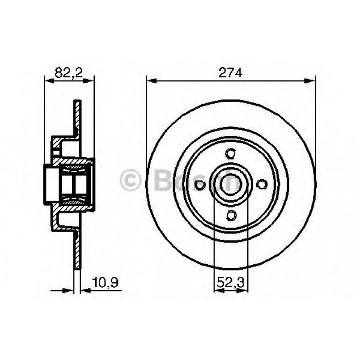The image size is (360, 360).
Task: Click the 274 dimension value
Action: pos(231,73)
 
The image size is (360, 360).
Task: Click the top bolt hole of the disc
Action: pos(231,154)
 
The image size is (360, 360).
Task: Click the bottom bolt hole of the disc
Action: pos(231,216)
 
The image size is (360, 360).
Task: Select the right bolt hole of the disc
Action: pos(262,184)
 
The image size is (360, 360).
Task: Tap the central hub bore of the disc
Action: pos(231,184)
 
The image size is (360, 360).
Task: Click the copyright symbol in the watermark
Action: pos(131,181)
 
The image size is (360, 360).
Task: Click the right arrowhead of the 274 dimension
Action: pos(311,81)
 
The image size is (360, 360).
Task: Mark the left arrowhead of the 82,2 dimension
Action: pos(48,81)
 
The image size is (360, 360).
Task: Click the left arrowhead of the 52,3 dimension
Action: pos(218,290)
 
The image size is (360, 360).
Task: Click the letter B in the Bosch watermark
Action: pos(161,181)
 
